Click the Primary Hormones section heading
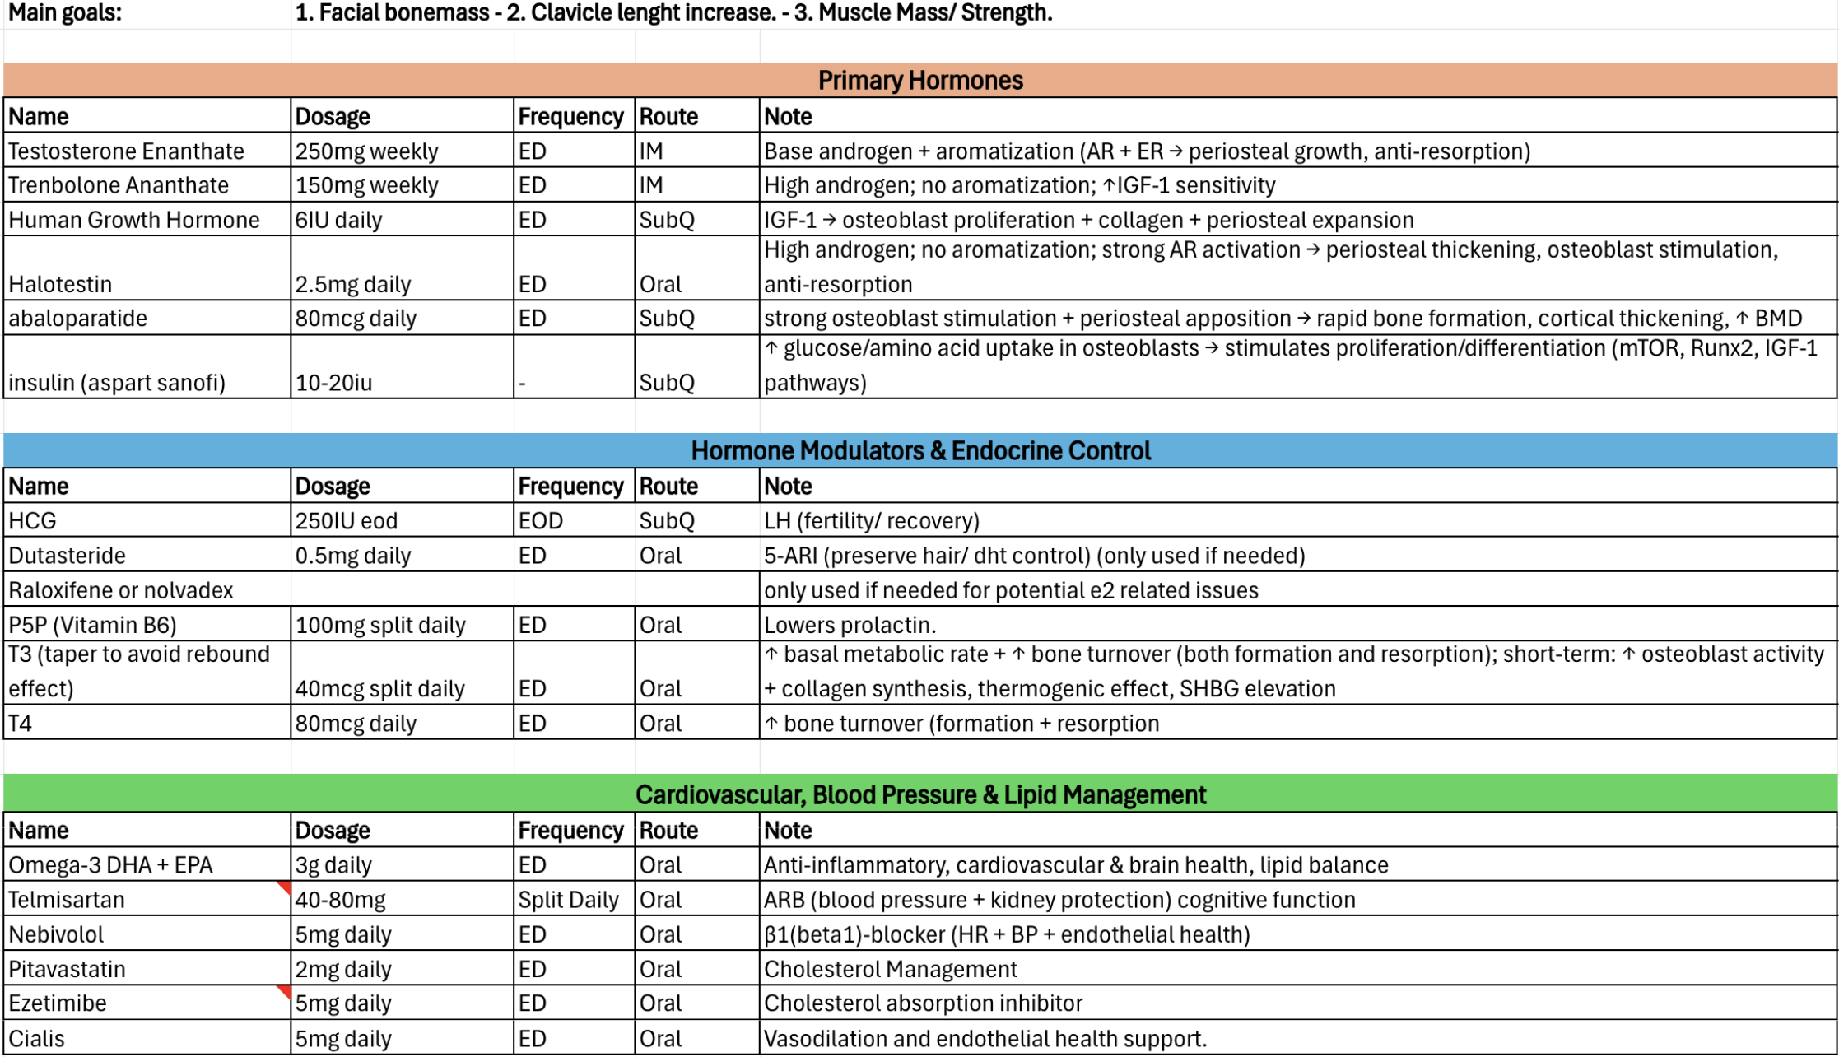click(919, 80)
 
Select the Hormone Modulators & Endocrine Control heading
click(919, 450)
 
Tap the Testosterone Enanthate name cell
click(126, 151)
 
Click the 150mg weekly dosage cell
click(366, 185)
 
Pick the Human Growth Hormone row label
click(133, 220)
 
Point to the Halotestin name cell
click(60, 284)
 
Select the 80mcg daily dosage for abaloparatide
click(356, 319)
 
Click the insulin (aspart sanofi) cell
click(116, 383)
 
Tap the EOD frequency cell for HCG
click(541, 521)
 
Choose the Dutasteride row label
click(67, 556)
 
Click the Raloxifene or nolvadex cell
click(120, 590)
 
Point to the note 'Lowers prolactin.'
click(850, 625)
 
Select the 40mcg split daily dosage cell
click(379, 688)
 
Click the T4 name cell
click(20, 724)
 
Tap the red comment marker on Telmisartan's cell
click(285, 887)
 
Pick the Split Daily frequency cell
click(568, 900)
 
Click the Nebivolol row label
click(56, 934)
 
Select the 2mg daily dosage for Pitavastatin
click(343, 969)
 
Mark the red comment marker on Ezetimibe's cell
click(285, 990)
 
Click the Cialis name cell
click(36, 1038)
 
